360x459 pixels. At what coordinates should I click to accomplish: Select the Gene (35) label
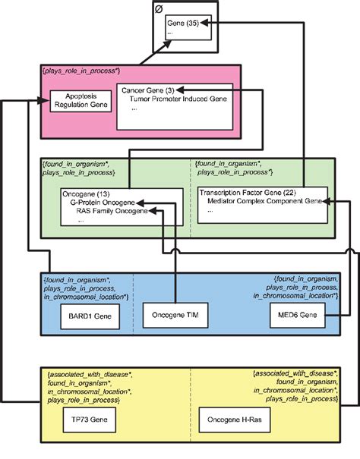(x=182, y=24)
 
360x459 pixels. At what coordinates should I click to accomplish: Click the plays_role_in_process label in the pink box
(x=80, y=70)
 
